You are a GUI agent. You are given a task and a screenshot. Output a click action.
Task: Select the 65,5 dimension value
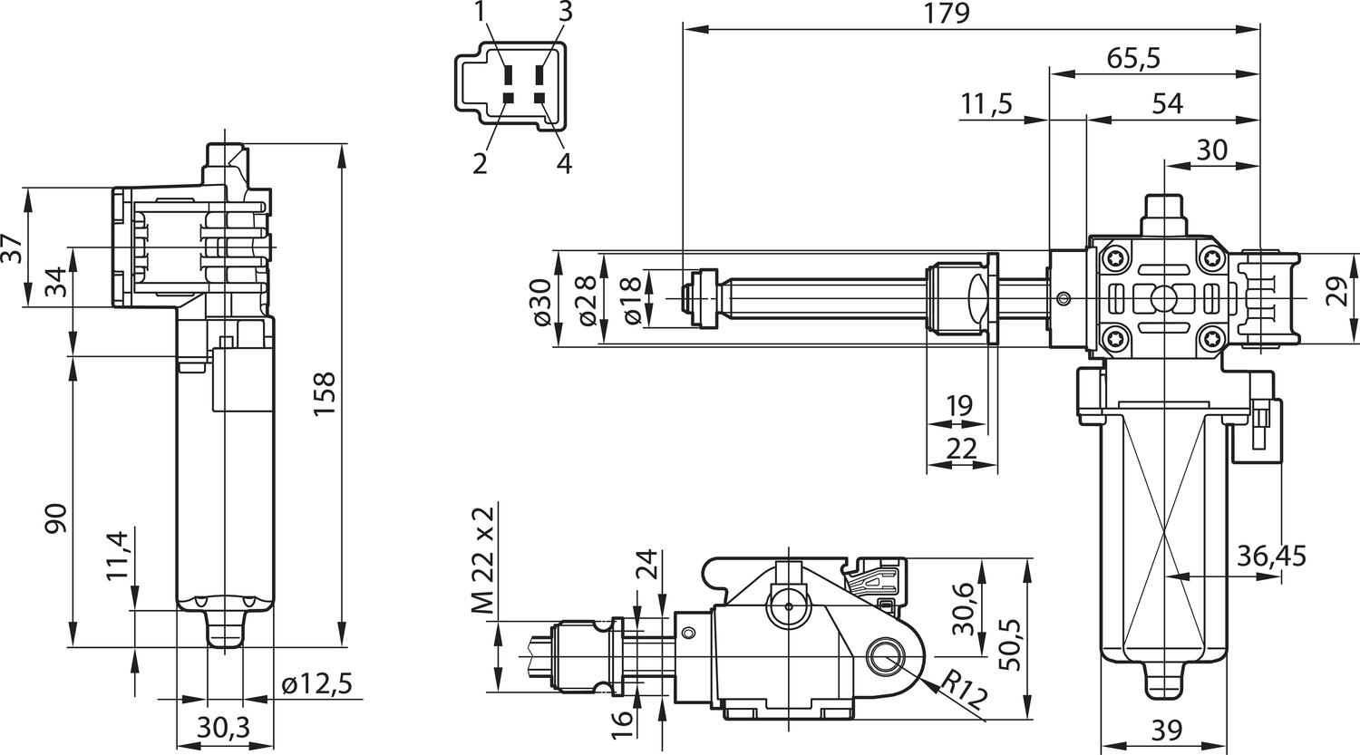(1133, 58)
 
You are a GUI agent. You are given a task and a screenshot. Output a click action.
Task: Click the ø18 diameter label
(632, 300)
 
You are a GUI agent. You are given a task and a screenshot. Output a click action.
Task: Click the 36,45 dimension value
(1271, 556)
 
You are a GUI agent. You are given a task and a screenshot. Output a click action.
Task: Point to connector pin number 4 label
(564, 164)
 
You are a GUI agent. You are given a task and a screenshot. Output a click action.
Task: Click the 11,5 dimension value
(986, 104)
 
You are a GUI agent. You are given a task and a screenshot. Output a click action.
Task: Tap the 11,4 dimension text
(119, 556)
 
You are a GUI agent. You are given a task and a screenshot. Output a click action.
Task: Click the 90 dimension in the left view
(56, 518)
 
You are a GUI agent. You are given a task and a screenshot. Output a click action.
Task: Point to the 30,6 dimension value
(963, 607)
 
